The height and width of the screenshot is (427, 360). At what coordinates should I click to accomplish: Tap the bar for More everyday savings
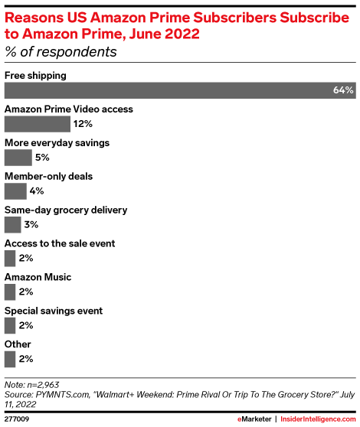(18, 158)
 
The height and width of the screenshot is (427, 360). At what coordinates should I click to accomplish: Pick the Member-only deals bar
(15, 191)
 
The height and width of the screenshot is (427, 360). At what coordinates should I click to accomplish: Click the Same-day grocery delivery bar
(12, 225)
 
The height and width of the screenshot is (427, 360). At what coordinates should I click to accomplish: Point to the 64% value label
(343, 90)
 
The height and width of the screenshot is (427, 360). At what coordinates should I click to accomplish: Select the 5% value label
(42, 158)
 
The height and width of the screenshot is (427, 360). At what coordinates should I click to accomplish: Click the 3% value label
(31, 225)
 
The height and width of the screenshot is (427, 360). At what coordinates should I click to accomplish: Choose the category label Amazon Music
(38, 277)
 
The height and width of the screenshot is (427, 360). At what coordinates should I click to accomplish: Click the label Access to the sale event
(60, 243)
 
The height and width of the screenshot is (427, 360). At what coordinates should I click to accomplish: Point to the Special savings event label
(54, 311)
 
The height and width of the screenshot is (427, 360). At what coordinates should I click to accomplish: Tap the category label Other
(18, 344)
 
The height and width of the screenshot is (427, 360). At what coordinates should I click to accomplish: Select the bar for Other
(10, 359)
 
